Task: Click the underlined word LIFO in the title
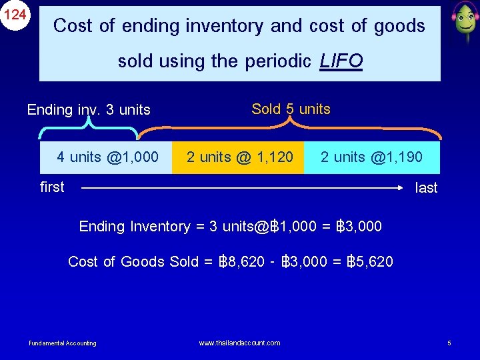coord(341,61)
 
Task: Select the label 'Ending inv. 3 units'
coord(89,110)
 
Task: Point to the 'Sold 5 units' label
coord(291,109)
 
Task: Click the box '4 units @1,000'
coord(107,157)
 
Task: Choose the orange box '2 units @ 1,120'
coord(239,157)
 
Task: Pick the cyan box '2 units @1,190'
coord(371,157)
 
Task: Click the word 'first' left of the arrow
coord(52,187)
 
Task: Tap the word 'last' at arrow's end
coord(426,188)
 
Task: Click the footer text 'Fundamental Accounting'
coord(63,343)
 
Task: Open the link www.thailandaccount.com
coord(239,343)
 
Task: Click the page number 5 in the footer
coord(449,343)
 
